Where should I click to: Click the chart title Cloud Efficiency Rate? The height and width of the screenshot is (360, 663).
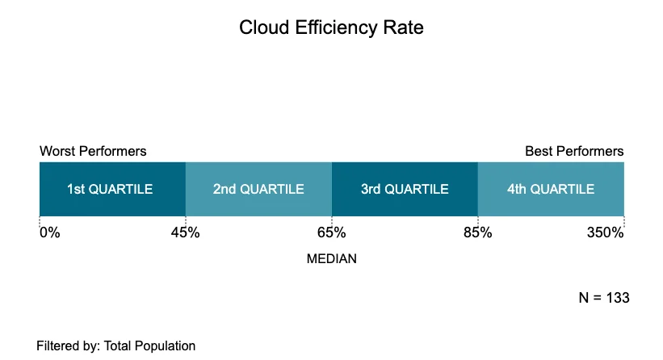point(331,27)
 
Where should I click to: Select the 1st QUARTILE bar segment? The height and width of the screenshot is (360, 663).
point(112,189)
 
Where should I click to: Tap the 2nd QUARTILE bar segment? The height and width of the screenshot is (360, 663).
point(258,189)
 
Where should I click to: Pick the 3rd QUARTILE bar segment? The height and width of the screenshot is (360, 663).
point(405,189)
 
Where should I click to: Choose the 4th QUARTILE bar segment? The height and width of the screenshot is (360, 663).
point(551,189)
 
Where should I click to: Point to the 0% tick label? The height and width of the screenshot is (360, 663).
point(50,233)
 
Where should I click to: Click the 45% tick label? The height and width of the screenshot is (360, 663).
point(185,233)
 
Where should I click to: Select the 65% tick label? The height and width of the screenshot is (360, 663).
point(331,233)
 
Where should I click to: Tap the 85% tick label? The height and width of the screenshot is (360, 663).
point(477,233)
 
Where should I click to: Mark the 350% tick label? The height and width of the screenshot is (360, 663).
point(605,233)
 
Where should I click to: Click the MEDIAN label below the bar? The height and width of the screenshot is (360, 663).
point(331,260)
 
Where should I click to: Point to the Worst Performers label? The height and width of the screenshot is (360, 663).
point(93,151)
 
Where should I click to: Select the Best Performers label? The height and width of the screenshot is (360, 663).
point(574,151)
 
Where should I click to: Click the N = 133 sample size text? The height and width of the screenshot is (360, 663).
point(603,298)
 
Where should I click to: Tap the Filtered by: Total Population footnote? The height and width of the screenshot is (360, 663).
point(115,345)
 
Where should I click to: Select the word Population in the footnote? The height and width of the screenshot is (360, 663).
point(167,345)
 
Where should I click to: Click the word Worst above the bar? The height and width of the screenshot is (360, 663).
point(57,151)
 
